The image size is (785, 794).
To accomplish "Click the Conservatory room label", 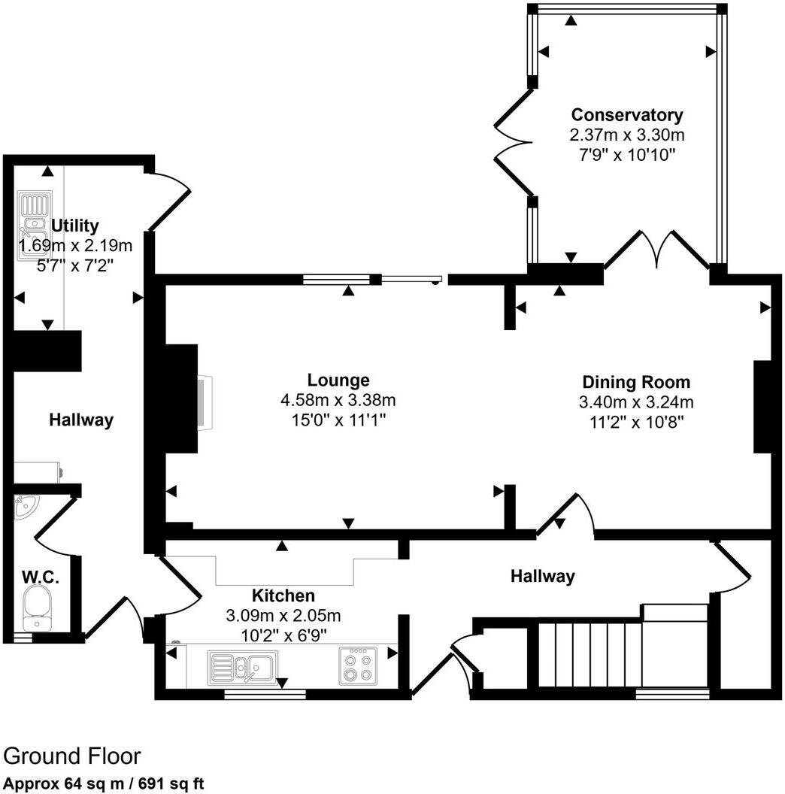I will [627, 115].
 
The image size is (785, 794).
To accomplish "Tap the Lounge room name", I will [338, 380].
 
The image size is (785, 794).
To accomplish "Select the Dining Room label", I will [635, 382].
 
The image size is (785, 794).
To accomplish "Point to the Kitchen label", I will [283, 596].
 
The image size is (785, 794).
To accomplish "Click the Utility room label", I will [74, 226].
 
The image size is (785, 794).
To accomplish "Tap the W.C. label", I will [41, 578].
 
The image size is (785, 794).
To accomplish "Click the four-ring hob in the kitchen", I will [357, 665].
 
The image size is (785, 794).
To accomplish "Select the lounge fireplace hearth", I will [204, 402].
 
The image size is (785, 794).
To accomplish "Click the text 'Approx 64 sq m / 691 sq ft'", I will [104, 783].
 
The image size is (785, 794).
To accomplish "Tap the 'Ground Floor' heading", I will [72, 756].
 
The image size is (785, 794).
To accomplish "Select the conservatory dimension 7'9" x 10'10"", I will [627, 154].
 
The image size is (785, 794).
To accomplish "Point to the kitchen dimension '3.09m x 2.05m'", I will [283, 615].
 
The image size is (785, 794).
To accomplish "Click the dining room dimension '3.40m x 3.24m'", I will [635, 401].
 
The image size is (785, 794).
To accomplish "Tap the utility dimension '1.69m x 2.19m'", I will [76, 245].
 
